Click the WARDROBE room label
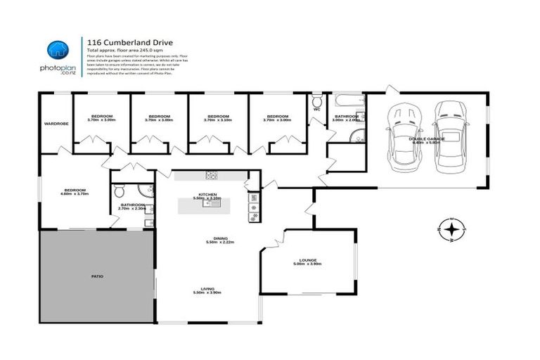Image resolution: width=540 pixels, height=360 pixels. coord(56,124)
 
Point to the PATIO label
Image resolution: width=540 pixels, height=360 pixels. coord(97,276)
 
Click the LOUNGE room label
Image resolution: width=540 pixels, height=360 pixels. coord(308,260)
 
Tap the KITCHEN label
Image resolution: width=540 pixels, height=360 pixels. coord(207,194)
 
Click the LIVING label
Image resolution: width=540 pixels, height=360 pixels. coord(208,288)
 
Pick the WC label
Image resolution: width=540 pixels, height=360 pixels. coord(317,109)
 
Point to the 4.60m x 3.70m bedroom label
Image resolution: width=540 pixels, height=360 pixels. coord(75,191)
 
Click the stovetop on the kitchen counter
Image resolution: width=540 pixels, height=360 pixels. coord(210,175)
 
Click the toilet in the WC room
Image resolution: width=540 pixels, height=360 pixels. coord(317,100)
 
